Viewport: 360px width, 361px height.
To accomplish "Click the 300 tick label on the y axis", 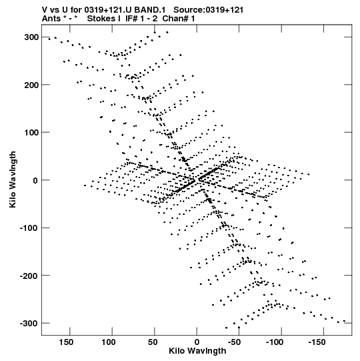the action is (x=31, y=37).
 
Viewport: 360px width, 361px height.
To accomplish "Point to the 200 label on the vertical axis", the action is (x=31, y=85).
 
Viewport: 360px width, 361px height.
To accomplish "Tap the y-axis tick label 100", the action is (x=31, y=133).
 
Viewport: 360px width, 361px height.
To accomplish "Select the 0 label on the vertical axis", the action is (x=35, y=180).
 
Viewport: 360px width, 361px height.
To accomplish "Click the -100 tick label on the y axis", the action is (x=29, y=228).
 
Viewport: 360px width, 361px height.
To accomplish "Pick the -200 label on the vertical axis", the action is (x=29, y=276).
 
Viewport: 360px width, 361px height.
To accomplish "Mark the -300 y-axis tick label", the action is (x=29, y=324).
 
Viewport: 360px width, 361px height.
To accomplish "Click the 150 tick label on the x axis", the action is (x=66, y=342).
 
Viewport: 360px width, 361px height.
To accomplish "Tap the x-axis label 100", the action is (x=109, y=342).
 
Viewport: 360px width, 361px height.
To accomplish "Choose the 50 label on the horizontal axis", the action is (x=153, y=342).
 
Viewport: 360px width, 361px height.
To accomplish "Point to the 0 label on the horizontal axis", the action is (x=197, y=342).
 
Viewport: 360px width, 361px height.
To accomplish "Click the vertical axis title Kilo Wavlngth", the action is (x=13, y=179).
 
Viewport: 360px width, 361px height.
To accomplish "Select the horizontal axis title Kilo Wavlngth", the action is (x=197, y=351).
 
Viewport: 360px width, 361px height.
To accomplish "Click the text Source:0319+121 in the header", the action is (x=208, y=10).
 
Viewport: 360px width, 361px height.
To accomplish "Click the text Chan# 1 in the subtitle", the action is (x=179, y=19).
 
